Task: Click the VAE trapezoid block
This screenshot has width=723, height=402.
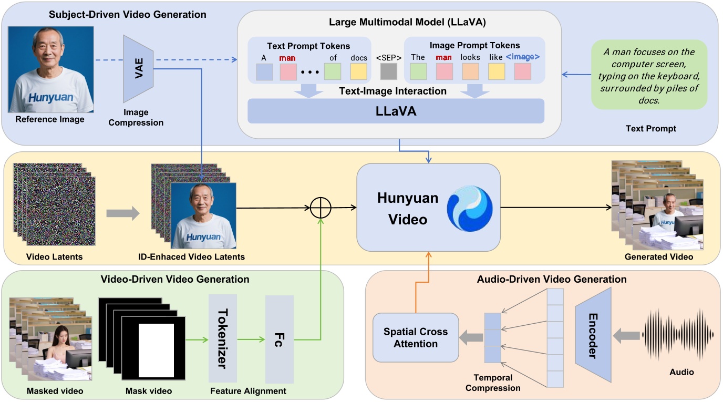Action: (138, 68)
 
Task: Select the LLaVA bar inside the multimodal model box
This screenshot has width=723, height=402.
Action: (396, 111)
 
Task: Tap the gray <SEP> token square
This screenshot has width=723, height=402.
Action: (389, 71)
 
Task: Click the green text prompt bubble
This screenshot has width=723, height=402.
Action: (649, 75)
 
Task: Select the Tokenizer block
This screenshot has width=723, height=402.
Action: (222, 339)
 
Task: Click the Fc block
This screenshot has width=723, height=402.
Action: (279, 339)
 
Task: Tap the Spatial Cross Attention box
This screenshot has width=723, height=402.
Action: (416, 338)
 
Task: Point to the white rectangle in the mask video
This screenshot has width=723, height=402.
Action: (156, 350)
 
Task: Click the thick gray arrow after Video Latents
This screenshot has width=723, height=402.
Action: (123, 213)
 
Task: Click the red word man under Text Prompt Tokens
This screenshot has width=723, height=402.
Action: (287, 57)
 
